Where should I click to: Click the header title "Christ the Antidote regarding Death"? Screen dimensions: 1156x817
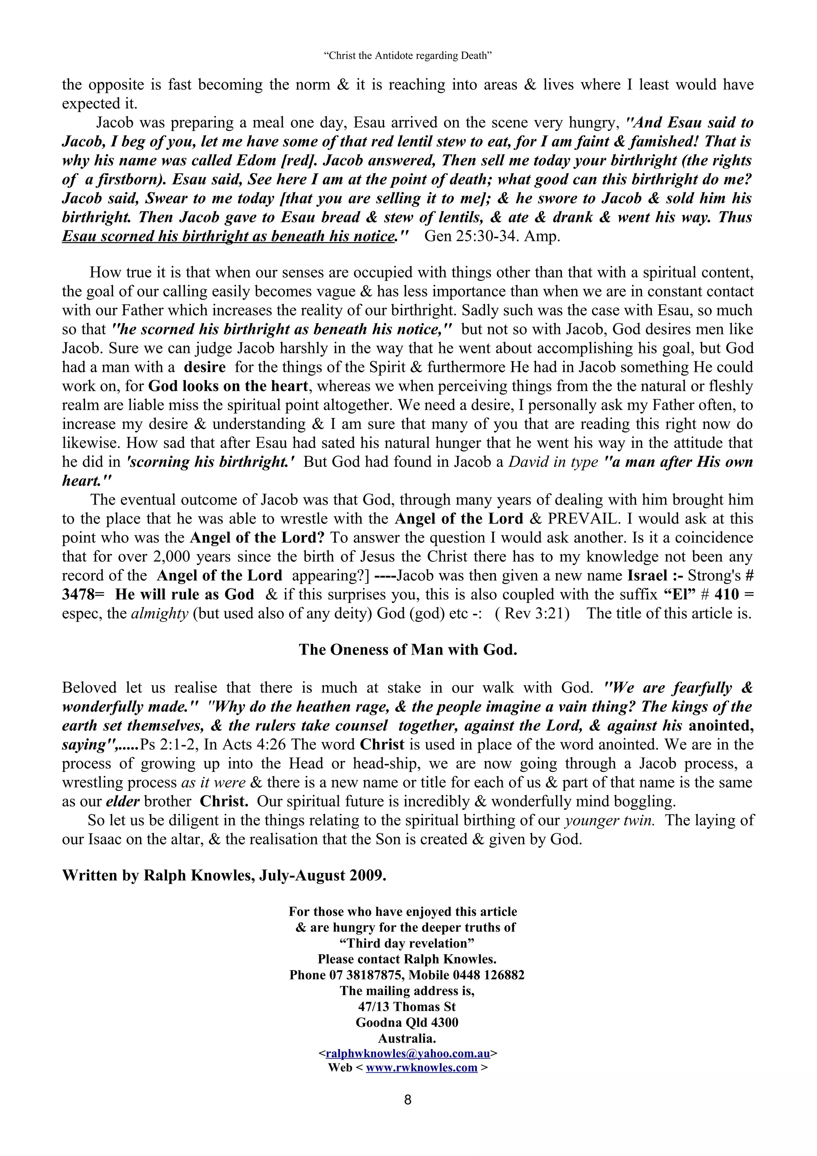[x=408, y=56]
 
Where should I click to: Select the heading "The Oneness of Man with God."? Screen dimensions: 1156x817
[x=408, y=649]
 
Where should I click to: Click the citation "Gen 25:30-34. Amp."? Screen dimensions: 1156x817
[x=492, y=236]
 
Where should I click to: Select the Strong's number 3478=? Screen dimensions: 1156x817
[x=83, y=595]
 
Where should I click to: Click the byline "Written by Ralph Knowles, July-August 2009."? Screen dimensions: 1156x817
[x=224, y=876]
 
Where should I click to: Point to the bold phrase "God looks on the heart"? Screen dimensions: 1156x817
[x=228, y=386]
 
